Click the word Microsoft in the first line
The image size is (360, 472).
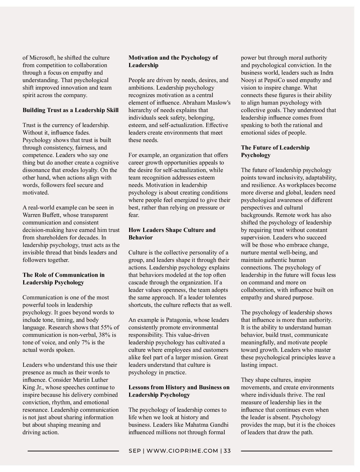point(42,58)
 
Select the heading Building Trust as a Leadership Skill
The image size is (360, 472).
point(70,110)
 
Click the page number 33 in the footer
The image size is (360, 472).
point(227,451)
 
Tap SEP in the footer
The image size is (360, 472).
point(134,451)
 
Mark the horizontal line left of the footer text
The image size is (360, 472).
point(73,451)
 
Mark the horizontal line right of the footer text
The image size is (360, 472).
point(286,451)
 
